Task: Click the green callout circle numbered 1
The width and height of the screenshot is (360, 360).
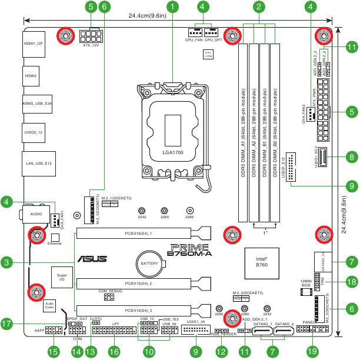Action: coord(172,7)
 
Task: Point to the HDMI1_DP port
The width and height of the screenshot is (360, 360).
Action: coord(34,44)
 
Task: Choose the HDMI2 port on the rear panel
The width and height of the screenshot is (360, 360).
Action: coord(31,76)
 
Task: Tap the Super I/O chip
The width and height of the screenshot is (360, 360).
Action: coord(62,277)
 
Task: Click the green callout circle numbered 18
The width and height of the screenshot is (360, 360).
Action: coord(351,282)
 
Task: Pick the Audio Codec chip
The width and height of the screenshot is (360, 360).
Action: coord(49,305)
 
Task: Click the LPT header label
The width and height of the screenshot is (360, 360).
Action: coord(115,324)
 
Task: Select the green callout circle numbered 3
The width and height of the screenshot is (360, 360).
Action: coord(7,262)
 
